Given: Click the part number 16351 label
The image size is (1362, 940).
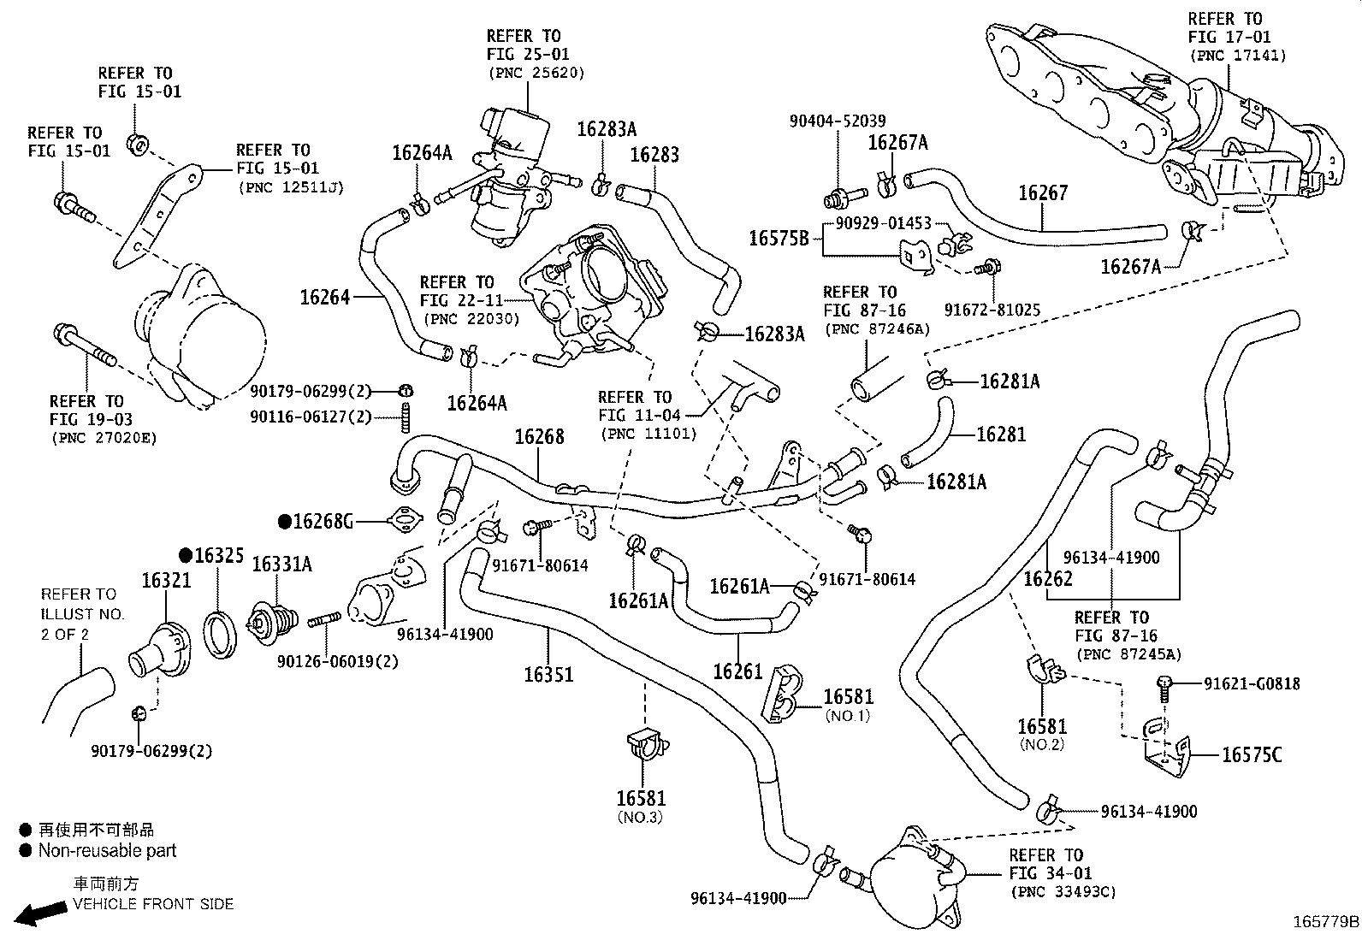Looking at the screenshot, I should (548, 674).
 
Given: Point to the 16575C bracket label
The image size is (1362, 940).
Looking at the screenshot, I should (1252, 754).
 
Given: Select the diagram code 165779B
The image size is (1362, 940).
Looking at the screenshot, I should (1325, 922).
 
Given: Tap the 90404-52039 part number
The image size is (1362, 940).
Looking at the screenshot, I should (838, 122).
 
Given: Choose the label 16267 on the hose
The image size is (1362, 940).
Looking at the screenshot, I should (1043, 193).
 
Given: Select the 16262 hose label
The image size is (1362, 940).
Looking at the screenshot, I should (1048, 579).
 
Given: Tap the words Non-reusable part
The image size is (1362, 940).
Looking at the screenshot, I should (107, 851).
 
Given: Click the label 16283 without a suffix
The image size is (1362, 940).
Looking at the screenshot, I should (654, 155).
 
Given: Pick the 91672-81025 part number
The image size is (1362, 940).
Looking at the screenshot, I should (992, 310).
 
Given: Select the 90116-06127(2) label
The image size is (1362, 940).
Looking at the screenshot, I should (311, 417).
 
